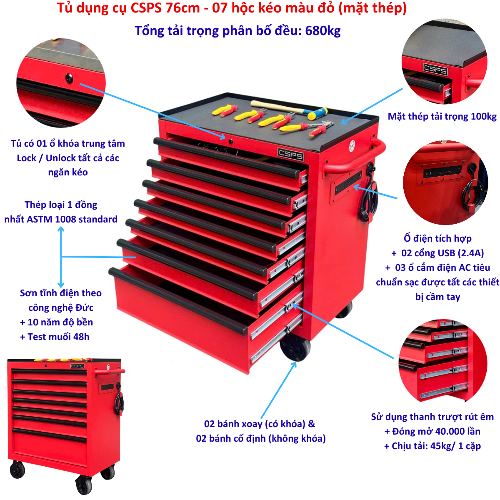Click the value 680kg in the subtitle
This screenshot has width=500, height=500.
pyautogui.click(x=322, y=31)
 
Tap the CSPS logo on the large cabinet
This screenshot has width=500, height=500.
pyautogui.click(x=290, y=154)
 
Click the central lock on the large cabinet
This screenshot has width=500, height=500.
pyautogui.click(x=230, y=141)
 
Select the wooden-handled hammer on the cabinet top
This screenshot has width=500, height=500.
pyautogui.click(x=289, y=109)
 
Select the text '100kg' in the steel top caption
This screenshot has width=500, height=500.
pyautogui.click(x=484, y=117)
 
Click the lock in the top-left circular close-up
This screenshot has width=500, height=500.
pyautogui.click(x=69, y=78)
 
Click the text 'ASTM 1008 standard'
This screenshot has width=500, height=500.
pyautogui.click(x=72, y=220)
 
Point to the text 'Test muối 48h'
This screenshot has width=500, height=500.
pyautogui.click(x=58, y=337)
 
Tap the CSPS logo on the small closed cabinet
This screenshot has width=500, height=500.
pyautogui.click(x=77, y=366)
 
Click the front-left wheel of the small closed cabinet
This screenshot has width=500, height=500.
pyautogui.click(x=17, y=470)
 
